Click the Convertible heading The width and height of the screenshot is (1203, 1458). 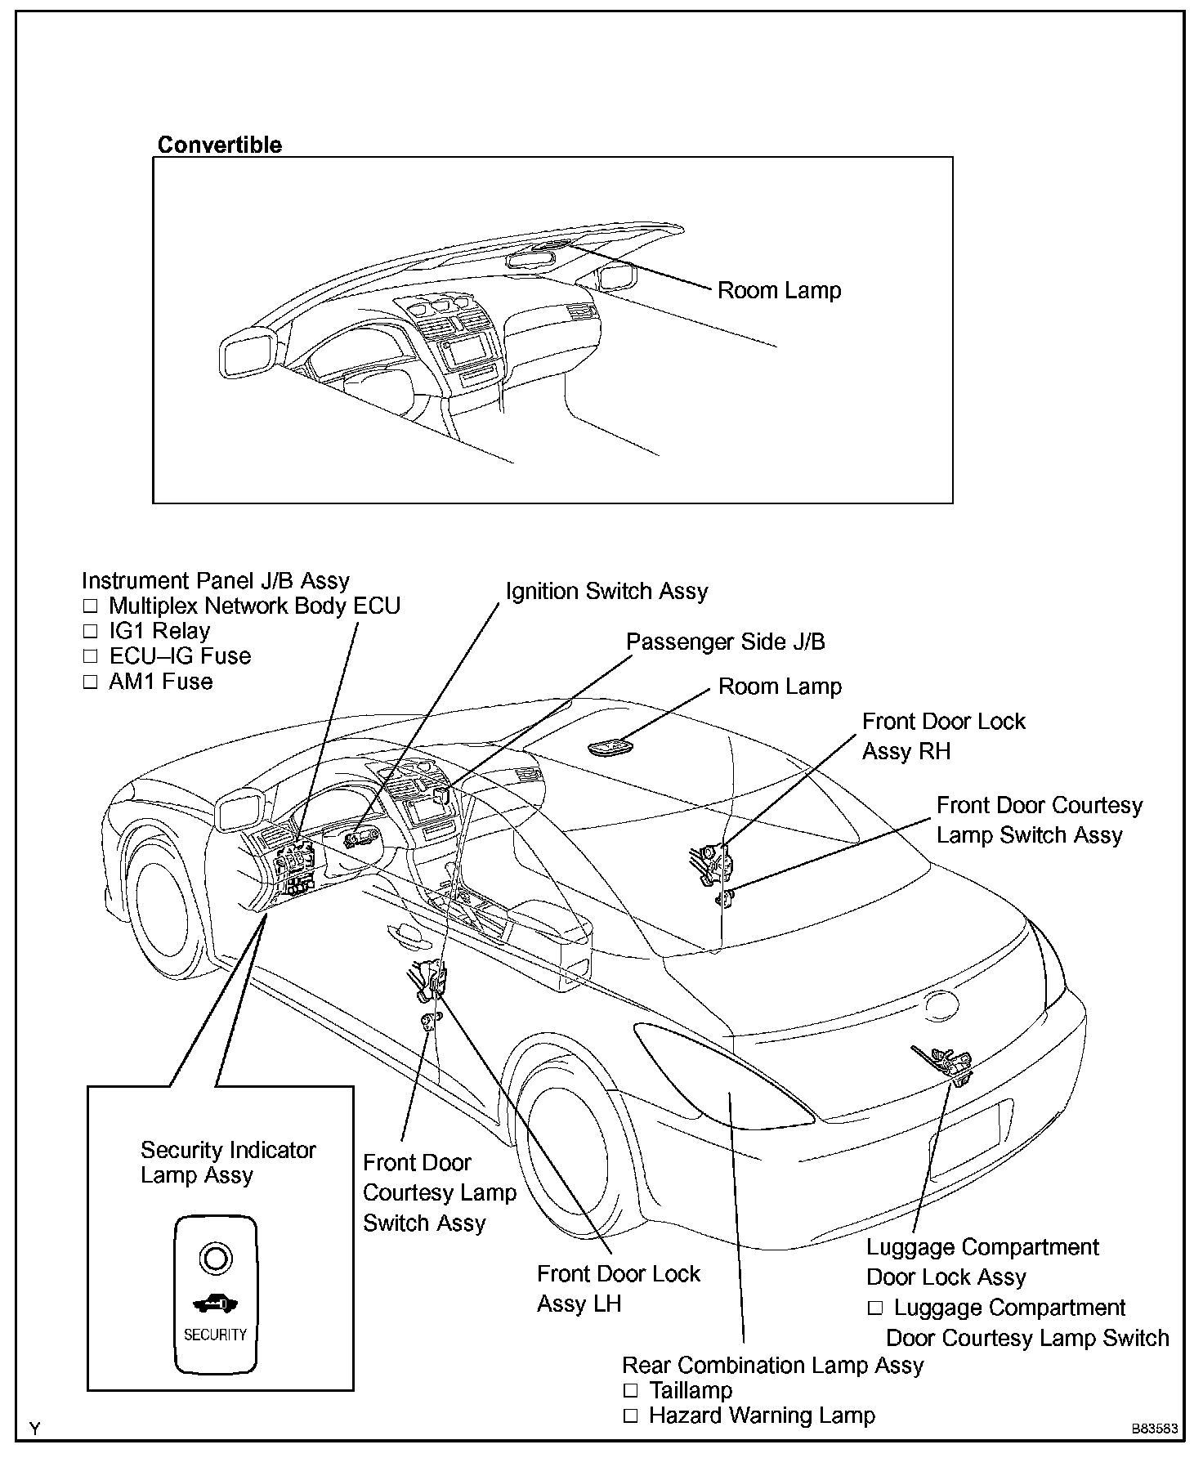219,145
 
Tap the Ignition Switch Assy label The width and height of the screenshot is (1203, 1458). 606,591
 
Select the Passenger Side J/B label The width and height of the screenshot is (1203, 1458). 725,642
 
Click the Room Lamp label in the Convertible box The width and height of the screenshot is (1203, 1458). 779,290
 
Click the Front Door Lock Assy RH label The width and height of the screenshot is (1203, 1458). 943,736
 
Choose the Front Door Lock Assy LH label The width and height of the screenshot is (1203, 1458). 618,1288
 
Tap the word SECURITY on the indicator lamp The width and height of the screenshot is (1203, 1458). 215,1334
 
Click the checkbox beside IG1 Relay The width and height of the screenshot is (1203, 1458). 90,632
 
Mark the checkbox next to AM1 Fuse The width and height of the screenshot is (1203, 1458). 90,682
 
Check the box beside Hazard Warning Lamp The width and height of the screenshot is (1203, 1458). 630,1416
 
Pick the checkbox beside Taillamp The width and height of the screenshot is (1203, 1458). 630,1391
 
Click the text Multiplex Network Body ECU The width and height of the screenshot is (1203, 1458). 254,606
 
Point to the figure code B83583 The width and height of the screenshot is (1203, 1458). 1154,1429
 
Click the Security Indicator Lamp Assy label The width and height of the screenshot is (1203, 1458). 227,1162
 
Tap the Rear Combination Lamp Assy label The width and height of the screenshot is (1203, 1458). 772,1365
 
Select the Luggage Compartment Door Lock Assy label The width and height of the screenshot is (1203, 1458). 982,1262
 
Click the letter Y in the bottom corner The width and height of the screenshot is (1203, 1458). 34,1429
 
